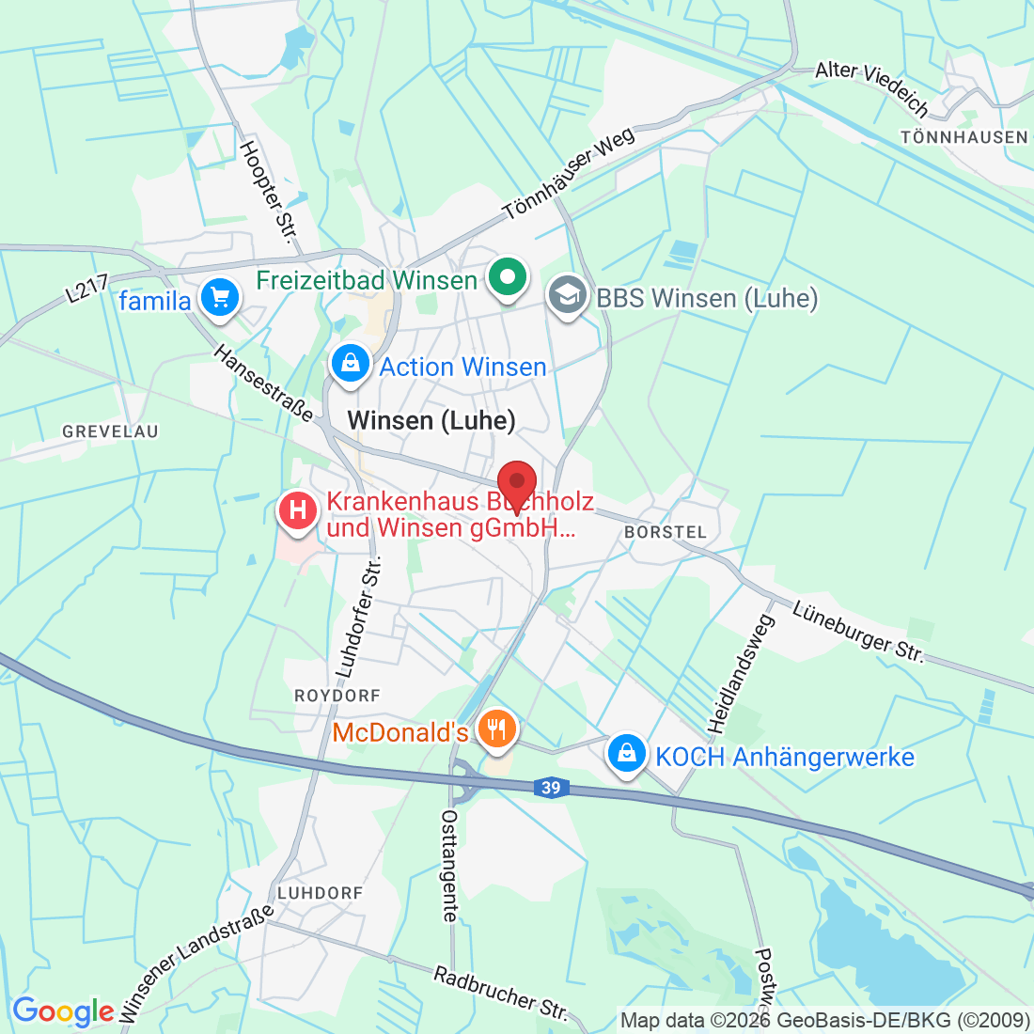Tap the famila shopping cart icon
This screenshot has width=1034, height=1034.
click(220, 299)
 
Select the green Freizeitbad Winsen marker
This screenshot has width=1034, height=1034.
click(508, 278)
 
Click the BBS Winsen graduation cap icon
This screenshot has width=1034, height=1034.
click(567, 295)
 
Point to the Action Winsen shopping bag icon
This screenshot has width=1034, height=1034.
click(351, 363)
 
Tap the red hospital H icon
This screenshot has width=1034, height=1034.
click(298, 512)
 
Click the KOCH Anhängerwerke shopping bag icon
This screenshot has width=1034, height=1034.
click(626, 753)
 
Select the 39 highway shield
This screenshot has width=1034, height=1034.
click(552, 788)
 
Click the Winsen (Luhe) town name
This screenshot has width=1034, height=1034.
click(431, 420)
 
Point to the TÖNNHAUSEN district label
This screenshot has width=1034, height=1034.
click(964, 137)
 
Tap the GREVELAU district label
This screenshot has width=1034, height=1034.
click(111, 431)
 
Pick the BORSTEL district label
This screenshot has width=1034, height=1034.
click(666, 532)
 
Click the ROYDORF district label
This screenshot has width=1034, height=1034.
click(337, 696)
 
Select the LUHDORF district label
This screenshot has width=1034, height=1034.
click(320, 892)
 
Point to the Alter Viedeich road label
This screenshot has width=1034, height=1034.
click(873, 87)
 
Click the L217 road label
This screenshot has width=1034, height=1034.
click(87, 289)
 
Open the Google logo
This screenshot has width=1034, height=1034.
click(63, 1011)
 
